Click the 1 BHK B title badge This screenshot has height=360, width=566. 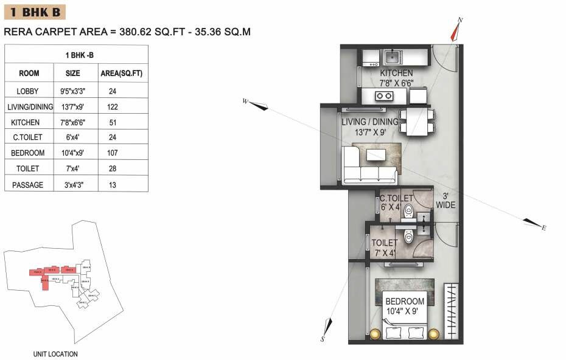34,12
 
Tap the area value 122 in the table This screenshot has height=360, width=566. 112,106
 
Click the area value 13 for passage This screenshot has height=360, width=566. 112,184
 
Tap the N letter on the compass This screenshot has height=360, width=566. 460,21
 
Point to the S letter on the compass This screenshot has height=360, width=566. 323,339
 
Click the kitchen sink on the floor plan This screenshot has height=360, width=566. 391,58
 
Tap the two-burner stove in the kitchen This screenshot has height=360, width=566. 384,95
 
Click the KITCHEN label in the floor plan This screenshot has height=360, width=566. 396,73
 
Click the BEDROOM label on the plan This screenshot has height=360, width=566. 404,301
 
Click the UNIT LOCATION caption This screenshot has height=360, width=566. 55,354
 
